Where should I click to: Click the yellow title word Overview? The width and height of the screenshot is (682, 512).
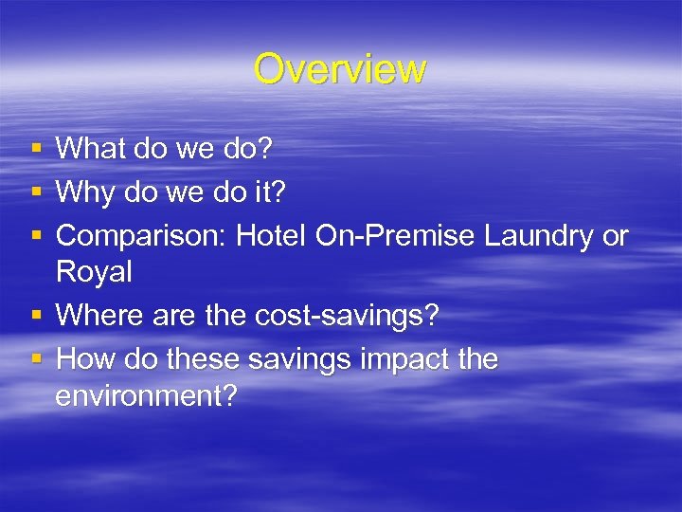pos(340,69)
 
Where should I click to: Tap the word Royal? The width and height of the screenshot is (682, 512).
pos(94,273)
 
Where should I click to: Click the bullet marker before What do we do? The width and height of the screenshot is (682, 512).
pos(36,149)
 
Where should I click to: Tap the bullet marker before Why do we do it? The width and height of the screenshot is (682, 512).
pos(36,192)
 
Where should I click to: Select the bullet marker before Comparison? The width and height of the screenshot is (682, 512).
pos(36,236)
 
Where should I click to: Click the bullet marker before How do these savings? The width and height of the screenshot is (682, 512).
pos(36,359)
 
